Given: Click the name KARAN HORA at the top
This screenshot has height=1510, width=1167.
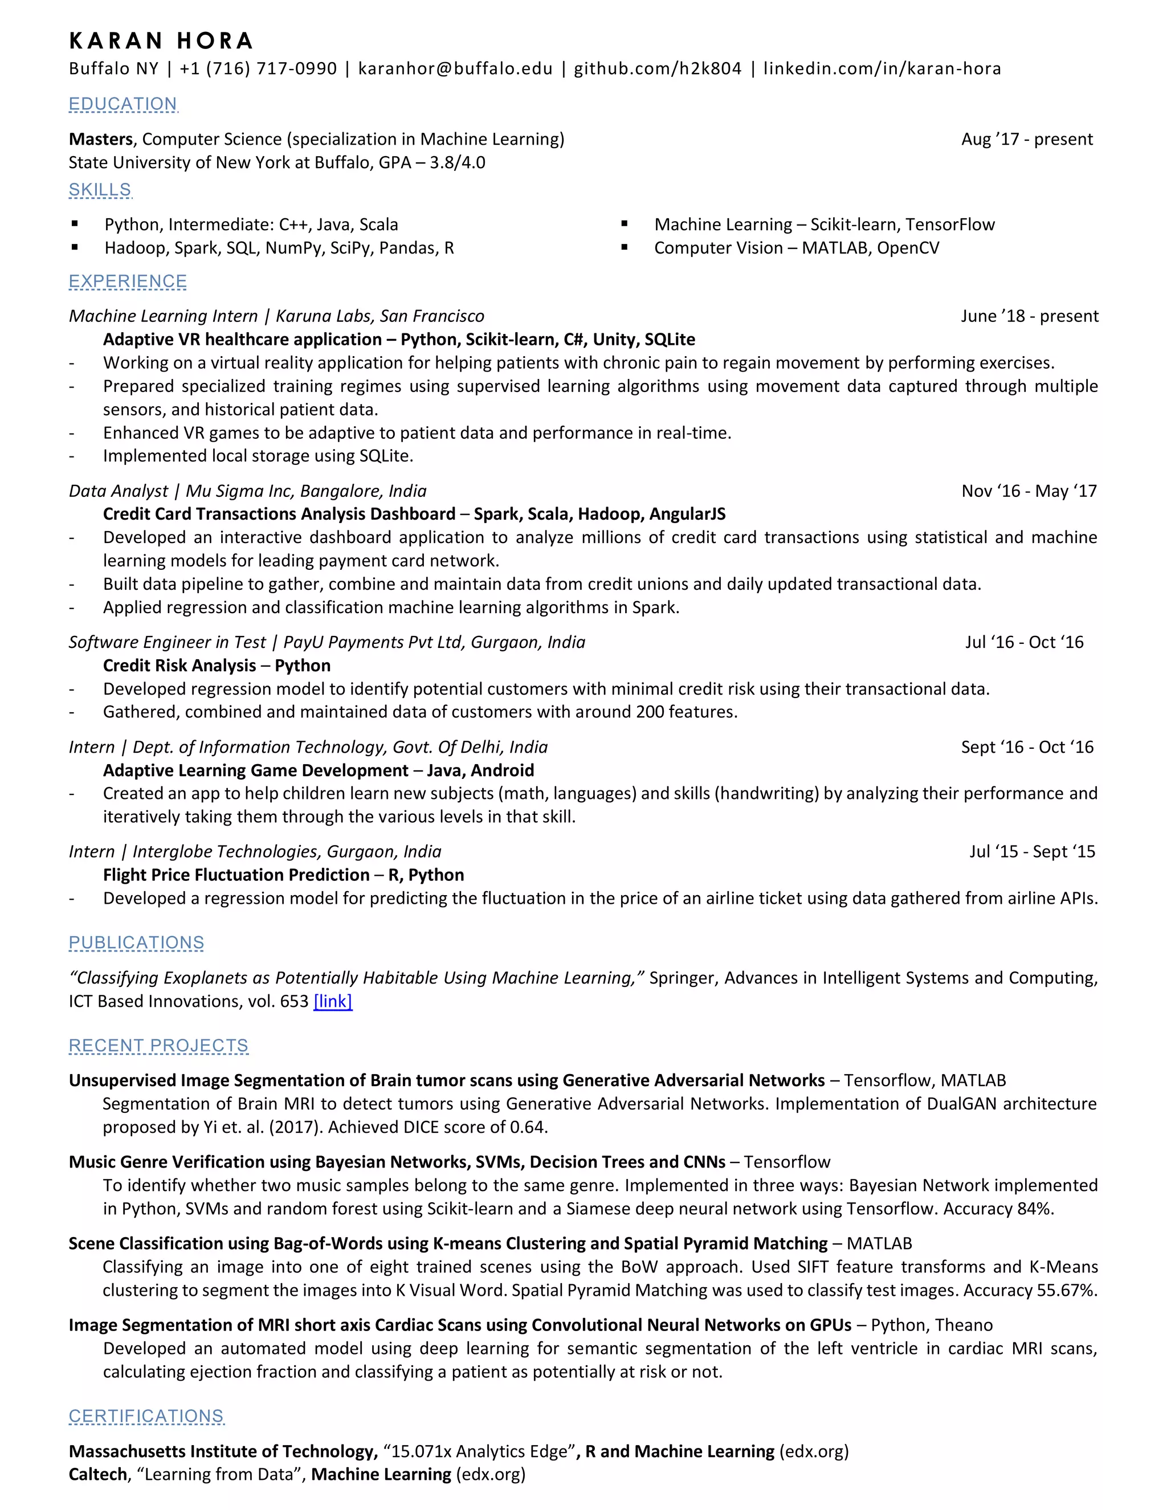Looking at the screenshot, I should click(x=161, y=42).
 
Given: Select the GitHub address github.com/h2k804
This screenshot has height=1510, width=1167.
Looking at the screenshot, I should click(x=657, y=68).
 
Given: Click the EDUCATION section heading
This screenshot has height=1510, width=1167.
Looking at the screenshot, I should click(x=123, y=104).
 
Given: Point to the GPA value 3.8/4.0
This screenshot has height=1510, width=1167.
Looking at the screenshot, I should click(x=457, y=162).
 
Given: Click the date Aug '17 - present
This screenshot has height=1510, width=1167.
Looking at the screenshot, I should click(x=1027, y=139).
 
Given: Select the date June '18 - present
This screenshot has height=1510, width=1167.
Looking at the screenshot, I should click(x=1029, y=316).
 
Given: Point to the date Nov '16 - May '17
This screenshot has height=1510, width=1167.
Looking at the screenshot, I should click(x=1029, y=491).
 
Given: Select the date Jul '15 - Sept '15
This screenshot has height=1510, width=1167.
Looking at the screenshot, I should click(x=1031, y=851).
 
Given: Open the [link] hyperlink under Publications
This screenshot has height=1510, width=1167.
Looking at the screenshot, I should click(x=333, y=1001).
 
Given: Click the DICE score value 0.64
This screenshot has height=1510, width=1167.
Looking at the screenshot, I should click(x=528, y=1127).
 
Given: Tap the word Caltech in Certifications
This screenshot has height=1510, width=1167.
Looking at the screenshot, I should click(x=97, y=1474).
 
